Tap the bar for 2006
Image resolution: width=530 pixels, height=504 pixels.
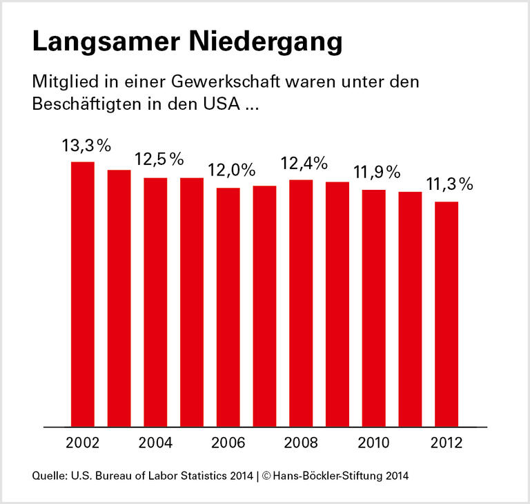tap(228, 307)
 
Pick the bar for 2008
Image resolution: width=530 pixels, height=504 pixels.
tap(301, 303)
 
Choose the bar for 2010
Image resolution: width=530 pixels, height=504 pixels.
tap(373, 308)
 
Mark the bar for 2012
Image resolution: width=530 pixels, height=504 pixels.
tap(446, 314)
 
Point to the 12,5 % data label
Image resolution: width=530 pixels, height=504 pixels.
tap(159, 159)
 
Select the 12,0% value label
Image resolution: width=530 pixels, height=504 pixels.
tap(232, 170)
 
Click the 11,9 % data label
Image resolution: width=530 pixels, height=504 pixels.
tap(377, 172)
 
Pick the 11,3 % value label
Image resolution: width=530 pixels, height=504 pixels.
tap(449, 184)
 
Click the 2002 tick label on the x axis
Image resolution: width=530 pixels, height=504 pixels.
tap(83, 442)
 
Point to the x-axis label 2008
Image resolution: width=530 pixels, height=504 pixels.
tap(301, 442)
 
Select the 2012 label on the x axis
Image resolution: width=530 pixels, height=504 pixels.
tap(446, 442)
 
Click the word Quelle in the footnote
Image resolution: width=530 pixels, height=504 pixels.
tap(46, 476)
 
